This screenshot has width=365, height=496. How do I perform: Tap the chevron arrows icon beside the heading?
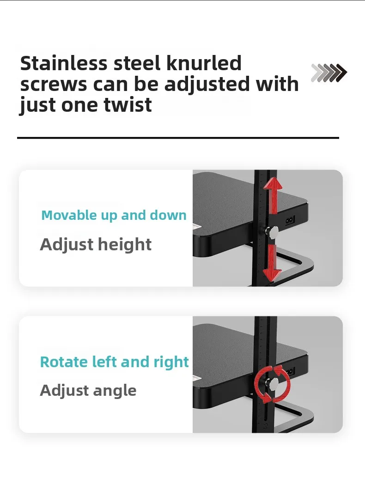[329, 73]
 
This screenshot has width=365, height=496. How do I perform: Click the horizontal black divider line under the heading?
[178, 138]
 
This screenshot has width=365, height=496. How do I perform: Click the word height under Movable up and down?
[125, 244]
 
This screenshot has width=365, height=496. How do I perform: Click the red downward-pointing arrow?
[272, 263]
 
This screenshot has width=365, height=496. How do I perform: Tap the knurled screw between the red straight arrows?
[272, 232]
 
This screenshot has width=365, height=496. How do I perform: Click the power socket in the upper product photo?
[290, 220]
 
